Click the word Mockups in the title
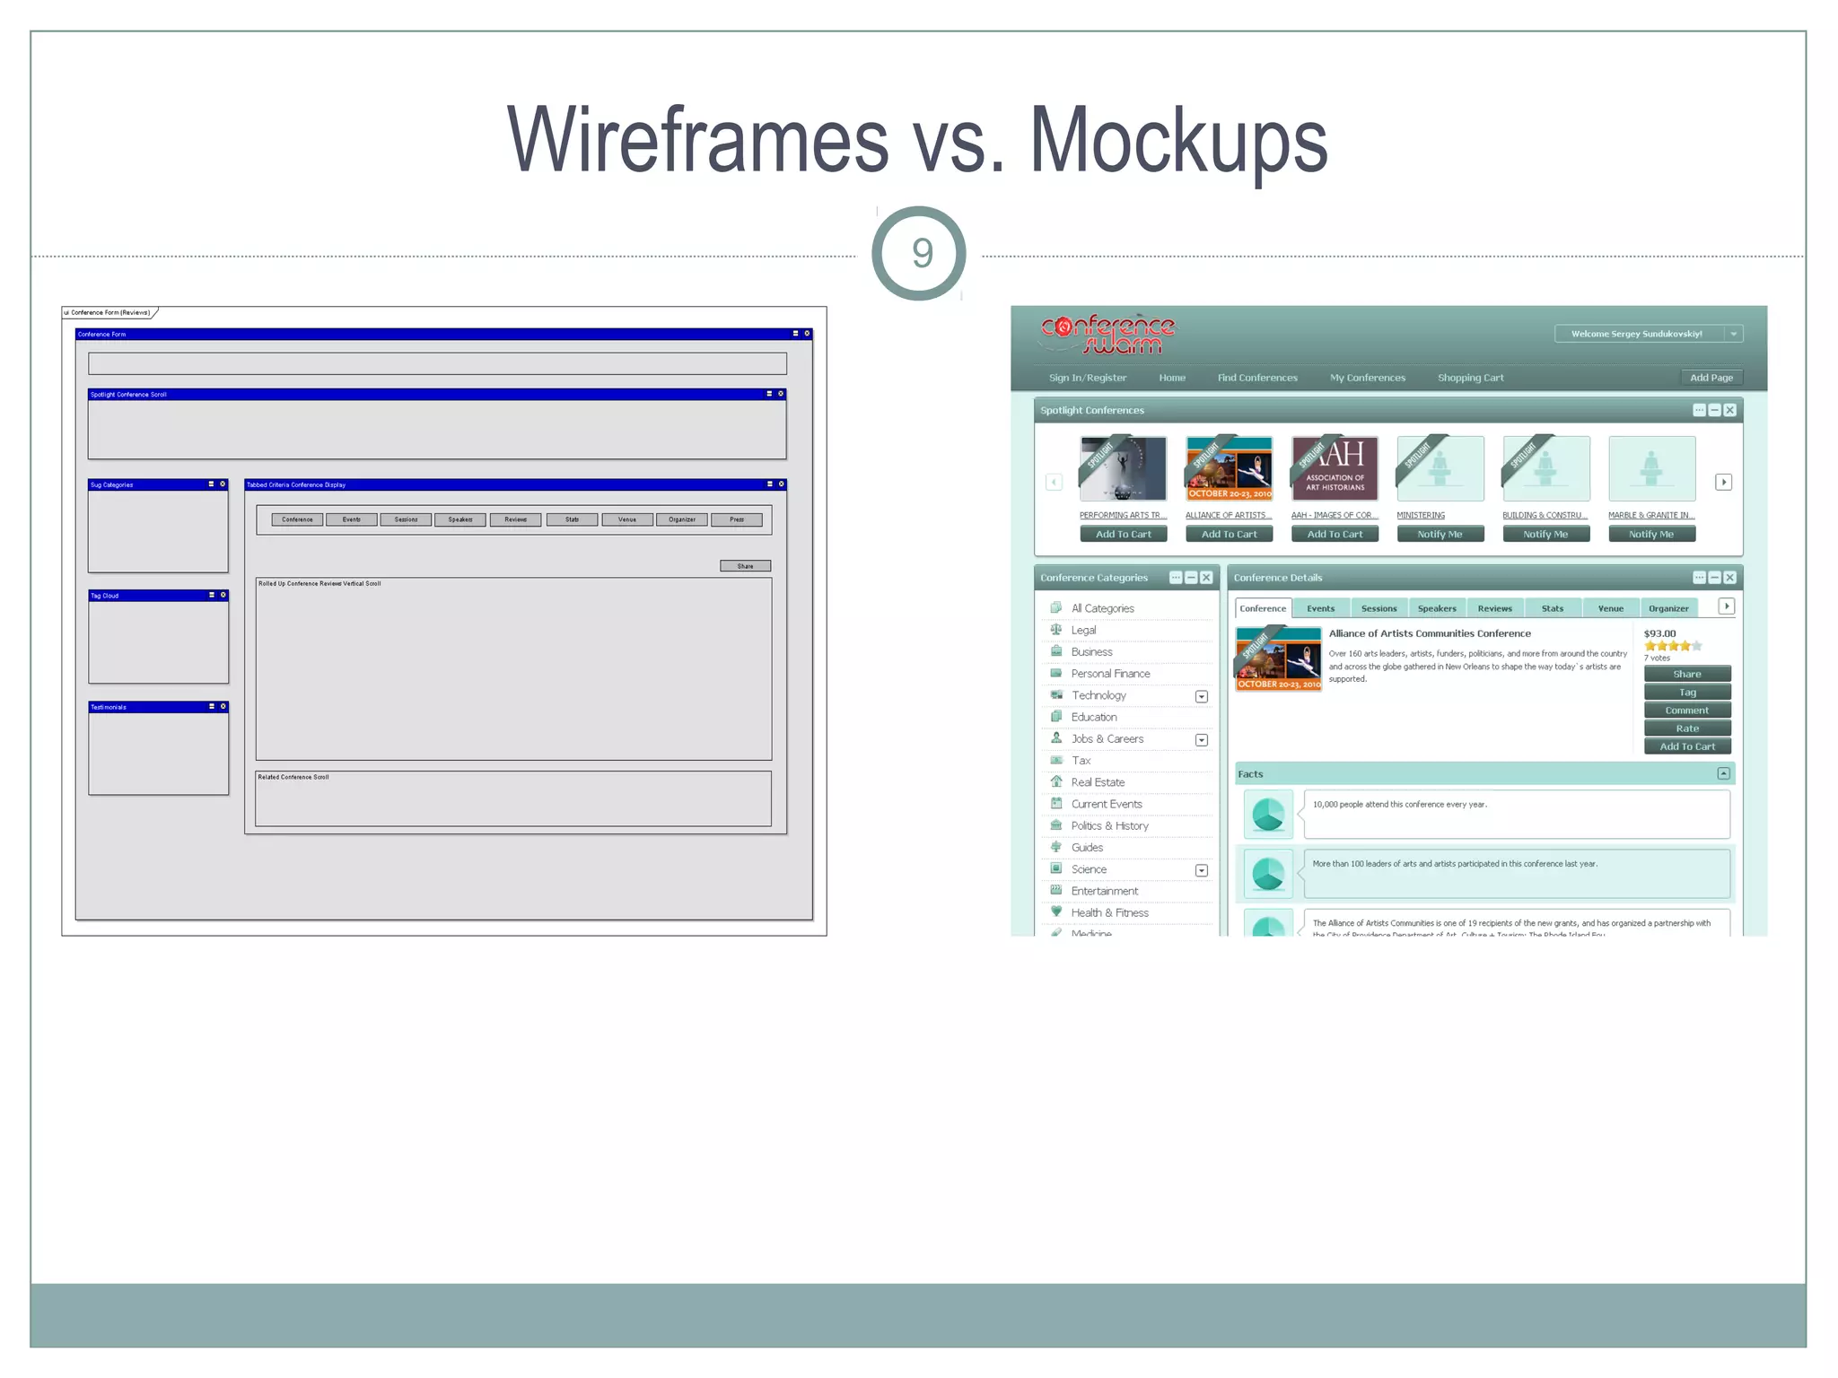pos(1177,142)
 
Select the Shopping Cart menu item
pos(1470,378)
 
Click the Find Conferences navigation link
pos(1256,378)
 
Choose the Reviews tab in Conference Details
pos(1494,608)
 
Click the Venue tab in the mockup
pos(1610,608)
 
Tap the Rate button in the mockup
pos(1686,728)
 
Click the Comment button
pos(1686,711)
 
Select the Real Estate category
pos(1098,782)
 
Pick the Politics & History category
pos(1109,825)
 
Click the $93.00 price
pos(1659,633)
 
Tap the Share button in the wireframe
pos(745,566)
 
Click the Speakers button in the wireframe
pos(460,519)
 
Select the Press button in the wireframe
pos(737,519)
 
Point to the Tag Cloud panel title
pos(105,596)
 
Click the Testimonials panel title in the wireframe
pos(109,707)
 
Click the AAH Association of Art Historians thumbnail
pos(1335,468)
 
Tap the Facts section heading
pos(1250,774)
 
